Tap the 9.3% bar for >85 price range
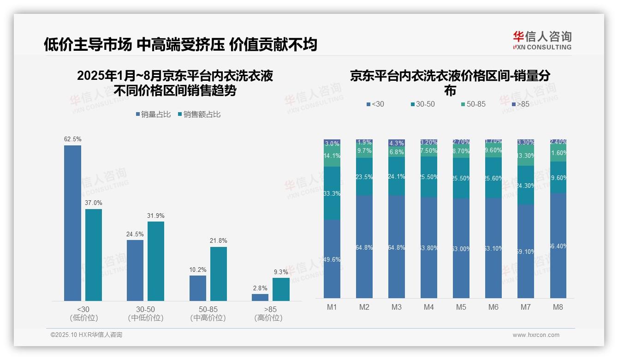coord(281,289)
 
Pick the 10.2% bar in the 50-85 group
coord(198,288)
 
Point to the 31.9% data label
coord(156,216)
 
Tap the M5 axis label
coord(461,307)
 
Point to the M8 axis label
coord(558,307)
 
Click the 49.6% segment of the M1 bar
coord(332,259)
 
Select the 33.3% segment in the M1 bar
coord(332,193)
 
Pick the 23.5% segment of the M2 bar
coord(364,176)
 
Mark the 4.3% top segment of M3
coord(397,143)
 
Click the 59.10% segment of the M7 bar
coord(526,252)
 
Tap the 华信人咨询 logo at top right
coord(542,40)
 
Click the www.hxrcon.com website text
coord(536,335)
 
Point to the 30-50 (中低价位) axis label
coord(145,313)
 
